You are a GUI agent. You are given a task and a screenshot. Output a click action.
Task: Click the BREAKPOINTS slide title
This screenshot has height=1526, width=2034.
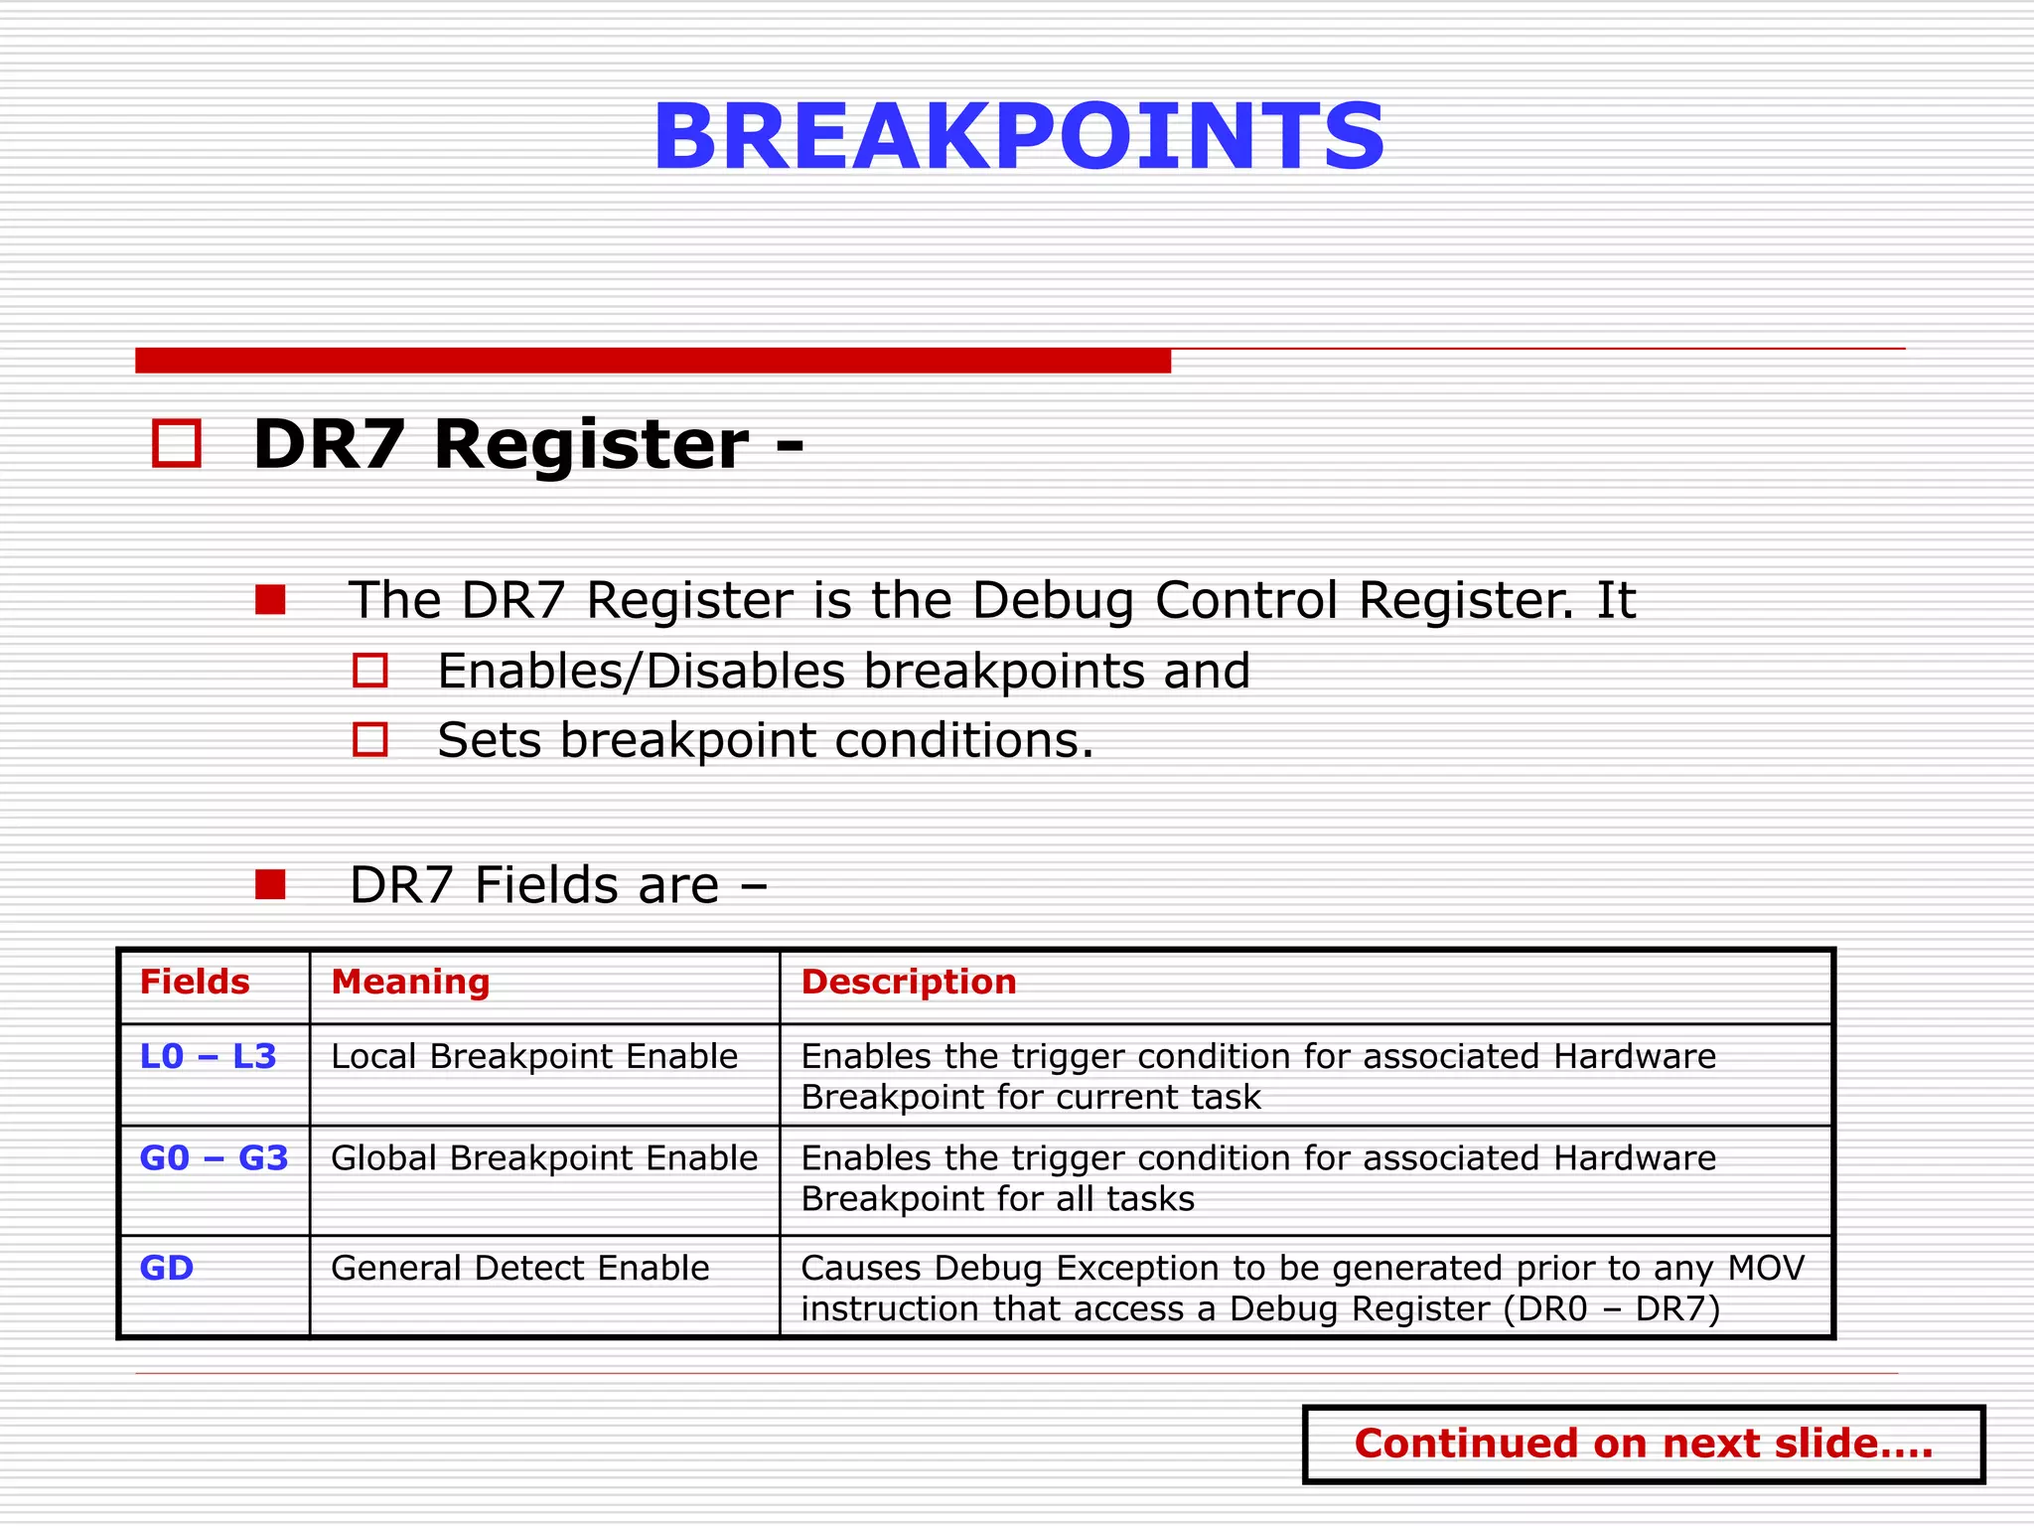pos(1018,137)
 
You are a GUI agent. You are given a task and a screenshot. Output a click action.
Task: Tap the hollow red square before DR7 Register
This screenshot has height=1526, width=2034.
pos(177,443)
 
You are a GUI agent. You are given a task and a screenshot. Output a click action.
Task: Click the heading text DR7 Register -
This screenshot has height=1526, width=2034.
pos(527,444)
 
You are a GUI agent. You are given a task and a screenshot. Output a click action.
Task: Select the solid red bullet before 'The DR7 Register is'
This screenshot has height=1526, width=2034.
pos(270,600)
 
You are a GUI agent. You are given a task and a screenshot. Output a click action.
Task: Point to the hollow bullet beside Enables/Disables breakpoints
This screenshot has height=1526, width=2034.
pos(370,671)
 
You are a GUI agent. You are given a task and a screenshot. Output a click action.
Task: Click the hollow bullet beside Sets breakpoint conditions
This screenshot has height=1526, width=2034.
pos(370,740)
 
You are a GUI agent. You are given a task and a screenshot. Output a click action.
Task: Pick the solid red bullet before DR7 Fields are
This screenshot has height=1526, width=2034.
pos(270,884)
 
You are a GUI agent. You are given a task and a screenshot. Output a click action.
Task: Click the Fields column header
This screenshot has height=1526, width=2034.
pos(195,982)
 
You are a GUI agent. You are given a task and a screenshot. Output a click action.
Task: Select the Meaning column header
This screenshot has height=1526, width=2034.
pos(410,982)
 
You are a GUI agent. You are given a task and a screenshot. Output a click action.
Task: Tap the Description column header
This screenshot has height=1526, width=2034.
pos(909,982)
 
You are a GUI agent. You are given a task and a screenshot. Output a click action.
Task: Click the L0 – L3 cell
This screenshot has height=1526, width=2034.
pos(209,1056)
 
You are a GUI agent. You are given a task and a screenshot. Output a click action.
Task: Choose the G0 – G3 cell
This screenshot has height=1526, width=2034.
pos(214,1158)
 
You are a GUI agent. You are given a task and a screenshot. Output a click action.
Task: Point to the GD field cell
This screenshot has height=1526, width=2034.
pos(167,1269)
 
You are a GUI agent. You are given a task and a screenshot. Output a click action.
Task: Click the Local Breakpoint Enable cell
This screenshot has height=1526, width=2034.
pos(534,1056)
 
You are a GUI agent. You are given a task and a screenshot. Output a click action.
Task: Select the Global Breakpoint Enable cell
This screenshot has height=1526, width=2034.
pos(544,1158)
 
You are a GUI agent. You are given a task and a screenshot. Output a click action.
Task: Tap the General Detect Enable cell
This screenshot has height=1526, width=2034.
pos(520,1269)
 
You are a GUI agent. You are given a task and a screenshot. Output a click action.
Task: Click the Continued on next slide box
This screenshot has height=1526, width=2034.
pos(1643,1444)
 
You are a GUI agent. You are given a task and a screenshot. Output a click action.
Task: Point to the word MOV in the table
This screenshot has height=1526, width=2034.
pos(1766,1269)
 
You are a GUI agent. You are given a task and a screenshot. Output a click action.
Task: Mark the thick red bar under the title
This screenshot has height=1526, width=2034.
pos(653,360)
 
